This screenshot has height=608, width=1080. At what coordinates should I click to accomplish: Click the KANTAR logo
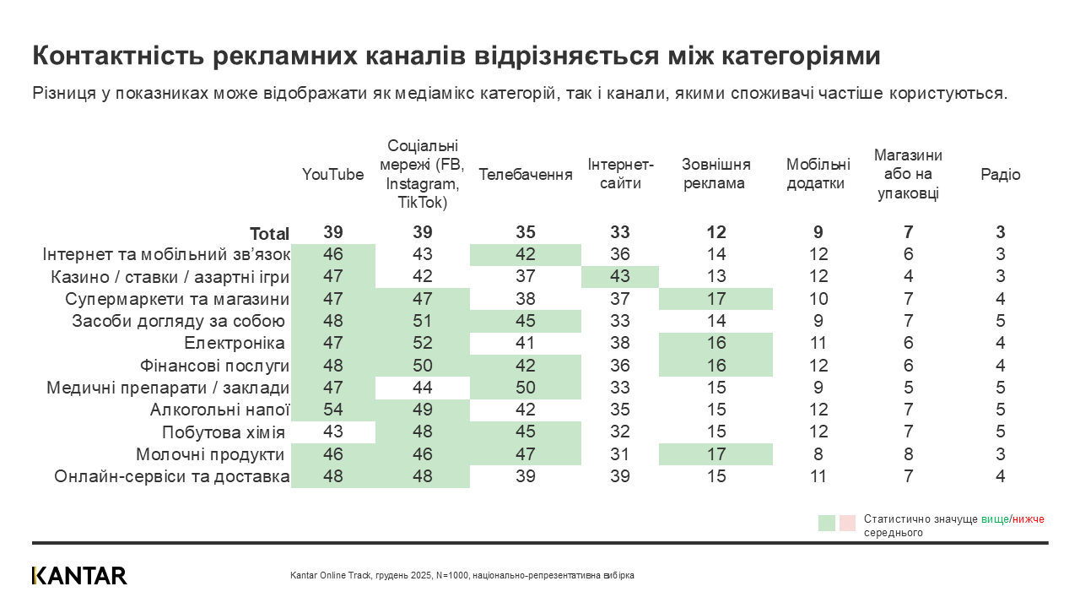point(79,575)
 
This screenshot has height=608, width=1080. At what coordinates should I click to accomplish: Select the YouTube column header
point(333,175)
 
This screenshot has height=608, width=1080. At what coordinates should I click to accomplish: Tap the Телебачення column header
point(526,175)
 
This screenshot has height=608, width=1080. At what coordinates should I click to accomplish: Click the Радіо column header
point(1000,175)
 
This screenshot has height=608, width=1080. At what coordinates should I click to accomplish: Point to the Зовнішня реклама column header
point(716,174)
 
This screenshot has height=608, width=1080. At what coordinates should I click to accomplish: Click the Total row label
point(269,234)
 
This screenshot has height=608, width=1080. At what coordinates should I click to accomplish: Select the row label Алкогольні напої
point(219,410)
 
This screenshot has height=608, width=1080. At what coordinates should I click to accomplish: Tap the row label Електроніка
point(234,344)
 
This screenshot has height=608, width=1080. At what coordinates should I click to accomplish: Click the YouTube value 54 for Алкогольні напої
point(333,410)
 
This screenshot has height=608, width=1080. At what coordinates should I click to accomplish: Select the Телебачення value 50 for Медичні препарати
point(526,388)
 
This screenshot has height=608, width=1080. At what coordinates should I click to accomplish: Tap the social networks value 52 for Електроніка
point(423,344)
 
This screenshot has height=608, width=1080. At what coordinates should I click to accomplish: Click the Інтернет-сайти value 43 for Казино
point(620,277)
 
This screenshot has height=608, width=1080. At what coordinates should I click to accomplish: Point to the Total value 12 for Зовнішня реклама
point(716,233)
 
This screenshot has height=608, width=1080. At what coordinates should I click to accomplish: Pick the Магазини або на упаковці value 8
point(908,454)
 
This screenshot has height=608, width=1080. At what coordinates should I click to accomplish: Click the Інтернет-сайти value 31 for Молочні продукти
point(620,454)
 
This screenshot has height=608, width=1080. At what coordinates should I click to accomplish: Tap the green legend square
point(827,523)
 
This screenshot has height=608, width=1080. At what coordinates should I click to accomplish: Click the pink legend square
point(848,523)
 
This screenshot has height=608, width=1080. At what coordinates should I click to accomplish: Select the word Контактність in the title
point(118,56)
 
